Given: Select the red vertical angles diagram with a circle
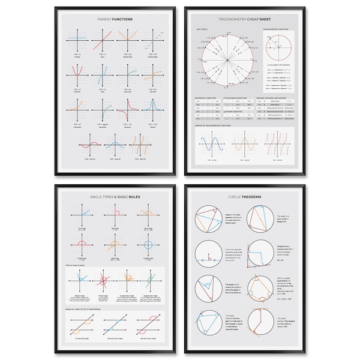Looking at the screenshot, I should (106, 281).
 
